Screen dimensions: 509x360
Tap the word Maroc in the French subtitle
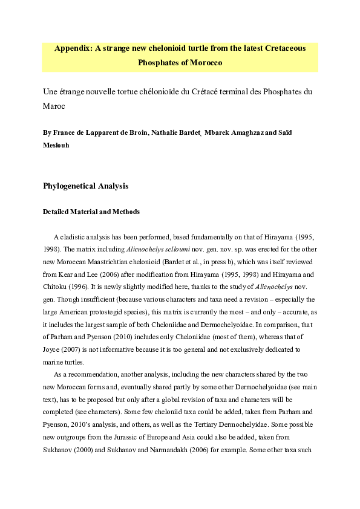54,105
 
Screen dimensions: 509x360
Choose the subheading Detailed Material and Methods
91,212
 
